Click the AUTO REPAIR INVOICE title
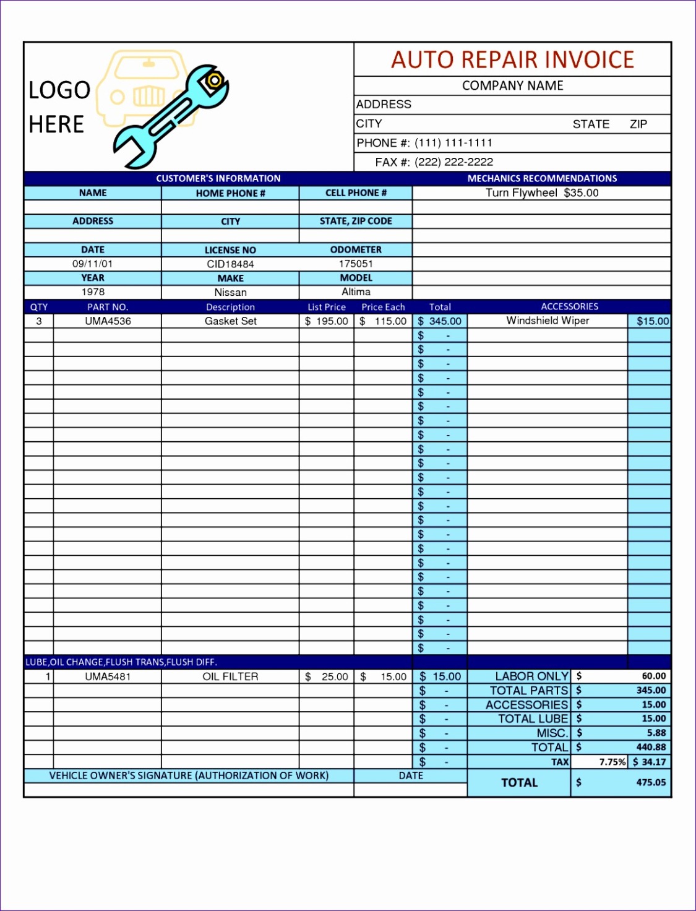click(x=512, y=60)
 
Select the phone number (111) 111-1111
click(x=453, y=143)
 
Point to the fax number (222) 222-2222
click(x=453, y=162)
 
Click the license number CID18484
click(x=230, y=264)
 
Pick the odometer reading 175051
click(x=356, y=264)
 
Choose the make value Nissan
click(x=230, y=292)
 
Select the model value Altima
click(x=356, y=291)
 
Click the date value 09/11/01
click(x=92, y=264)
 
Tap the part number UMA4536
click(x=108, y=321)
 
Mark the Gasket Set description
click(x=230, y=321)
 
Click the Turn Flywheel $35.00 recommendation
click(x=542, y=193)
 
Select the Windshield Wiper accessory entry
click(x=548, y=321)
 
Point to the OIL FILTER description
click(x=230, y=676)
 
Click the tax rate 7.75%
click(x=612, y=762)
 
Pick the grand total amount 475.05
click(x=651, y=782)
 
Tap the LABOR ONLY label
click(x=531, y=676)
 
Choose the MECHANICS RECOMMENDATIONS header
click(x=542, y=178)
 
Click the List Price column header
click(x=327, y=307)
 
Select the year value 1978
click(x=93, y=292)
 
